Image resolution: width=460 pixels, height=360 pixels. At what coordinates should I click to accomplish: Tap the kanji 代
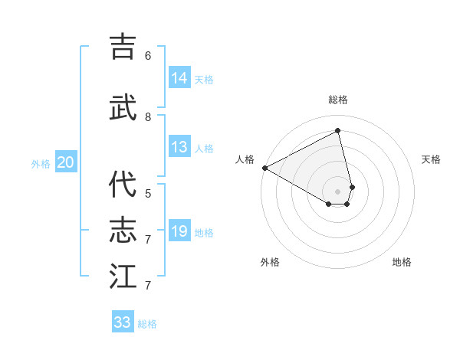123,184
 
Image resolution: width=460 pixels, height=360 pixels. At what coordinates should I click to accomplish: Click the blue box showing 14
179,77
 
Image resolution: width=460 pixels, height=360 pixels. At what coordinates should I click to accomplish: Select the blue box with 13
179,147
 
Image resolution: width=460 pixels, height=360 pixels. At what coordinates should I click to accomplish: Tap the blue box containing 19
179,231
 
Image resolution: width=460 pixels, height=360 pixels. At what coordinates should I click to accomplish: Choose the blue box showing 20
66,162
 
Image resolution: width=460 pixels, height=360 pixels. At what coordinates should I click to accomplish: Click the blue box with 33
123,322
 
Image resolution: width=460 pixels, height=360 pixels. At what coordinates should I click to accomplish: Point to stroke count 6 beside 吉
148,56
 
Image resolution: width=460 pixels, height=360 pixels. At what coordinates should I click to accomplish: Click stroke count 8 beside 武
148,116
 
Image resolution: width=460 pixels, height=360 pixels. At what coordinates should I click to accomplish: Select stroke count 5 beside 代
148,194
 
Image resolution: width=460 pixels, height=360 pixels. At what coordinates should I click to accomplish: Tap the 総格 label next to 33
147,324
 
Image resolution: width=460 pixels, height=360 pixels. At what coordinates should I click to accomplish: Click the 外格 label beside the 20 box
41,163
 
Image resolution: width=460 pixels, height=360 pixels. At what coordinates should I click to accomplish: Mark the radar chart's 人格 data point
264,168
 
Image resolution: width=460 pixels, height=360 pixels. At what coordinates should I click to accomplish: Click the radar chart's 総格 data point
338,131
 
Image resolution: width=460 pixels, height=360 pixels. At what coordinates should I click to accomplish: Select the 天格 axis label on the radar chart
431,159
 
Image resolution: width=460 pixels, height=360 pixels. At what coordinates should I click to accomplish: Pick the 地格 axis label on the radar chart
402,262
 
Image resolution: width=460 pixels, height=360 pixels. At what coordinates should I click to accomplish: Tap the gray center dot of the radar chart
338,190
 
